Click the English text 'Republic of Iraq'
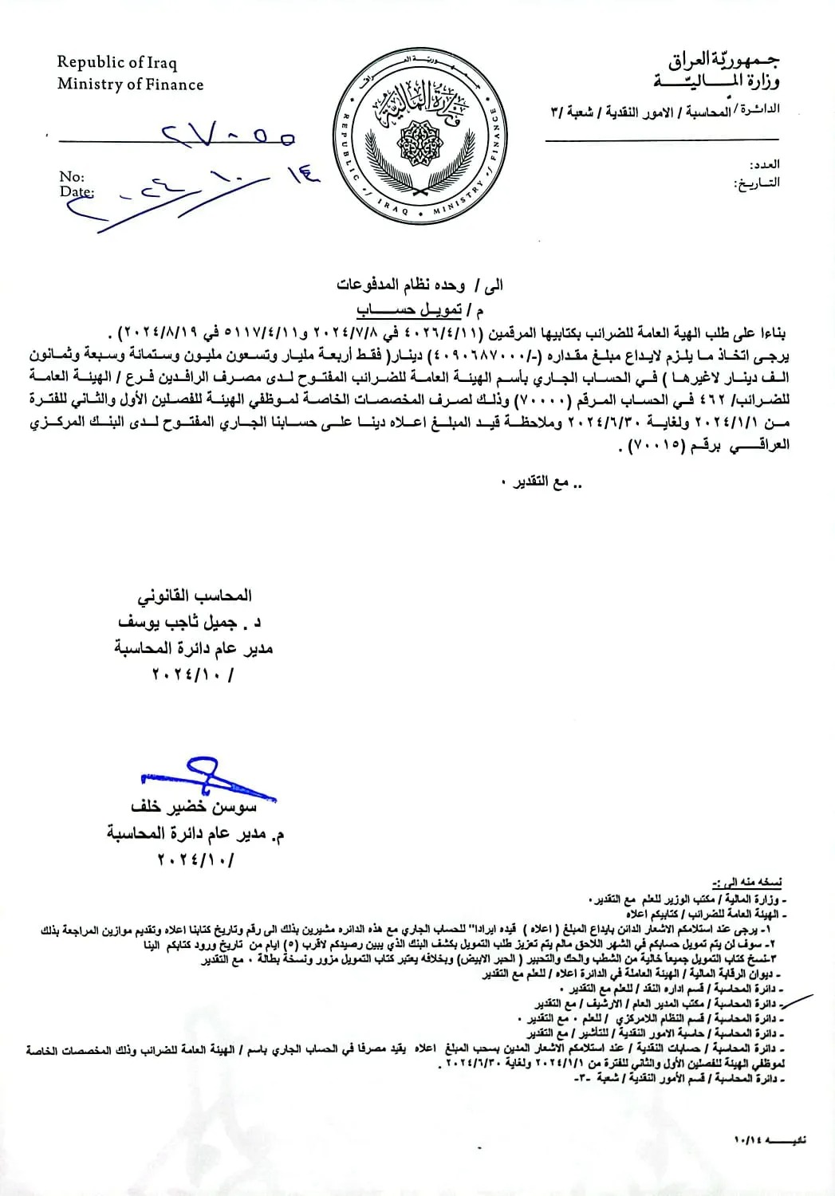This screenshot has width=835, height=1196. pos(116,62)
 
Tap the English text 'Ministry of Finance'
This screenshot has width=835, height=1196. pos(130,85)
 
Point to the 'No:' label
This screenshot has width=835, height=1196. pos(72,177)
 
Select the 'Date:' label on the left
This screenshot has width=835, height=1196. pos(76,191)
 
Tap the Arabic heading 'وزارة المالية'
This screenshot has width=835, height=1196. pos(717,81)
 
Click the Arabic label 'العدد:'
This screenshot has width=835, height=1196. pos(764,164)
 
